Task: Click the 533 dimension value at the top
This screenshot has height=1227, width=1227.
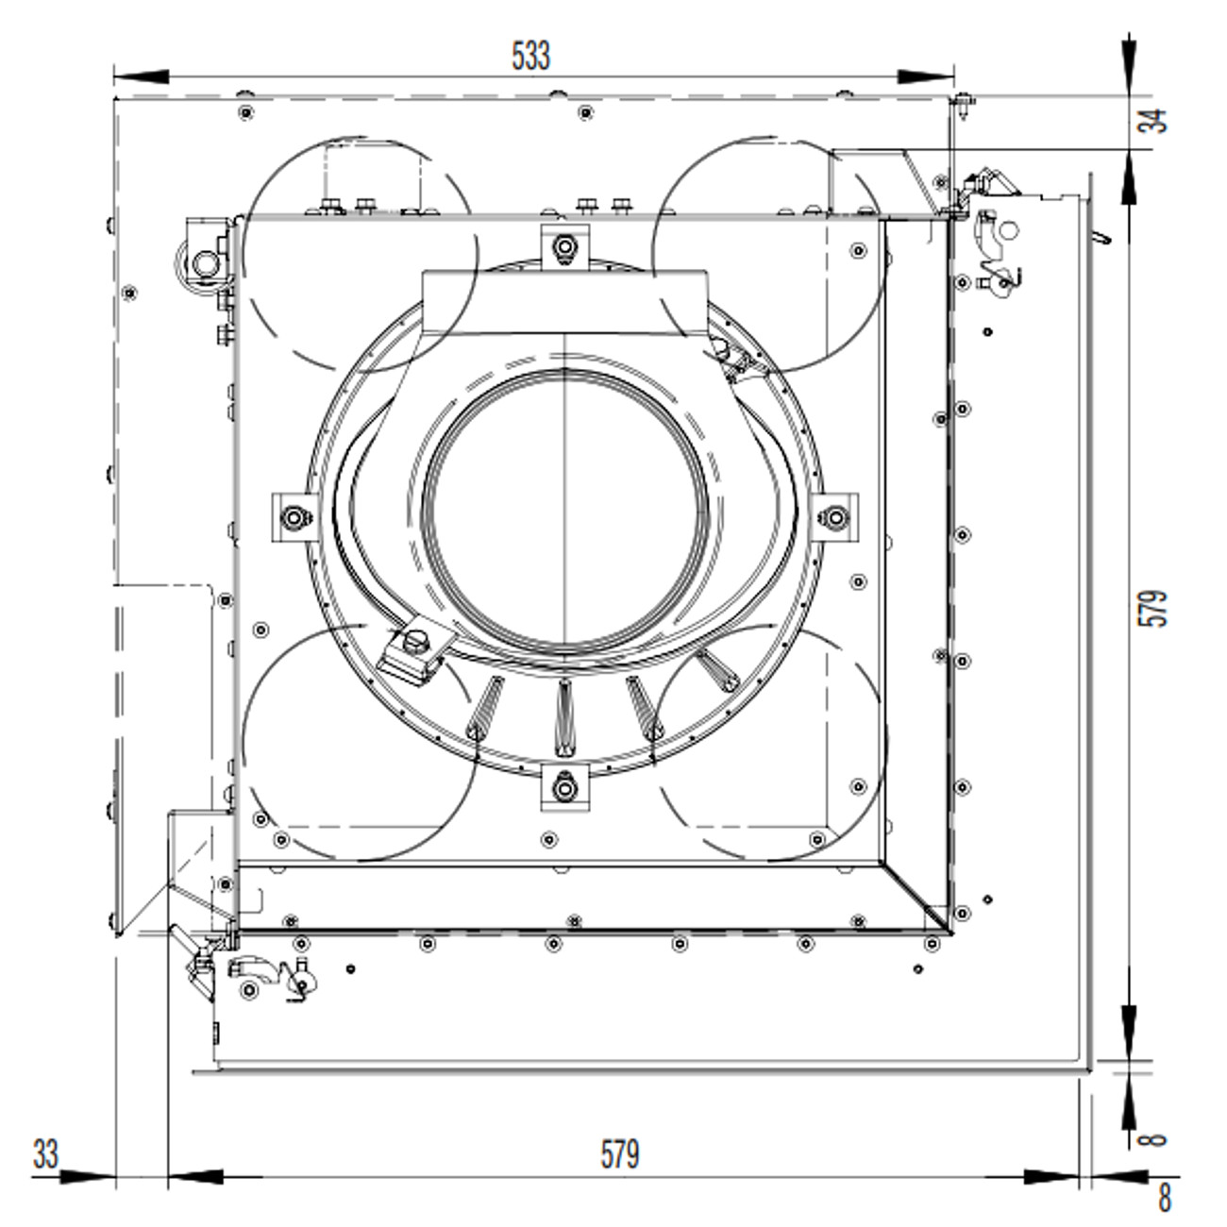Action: click(x=530, y=56)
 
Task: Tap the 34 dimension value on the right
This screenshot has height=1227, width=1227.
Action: click(x=1153, y=121)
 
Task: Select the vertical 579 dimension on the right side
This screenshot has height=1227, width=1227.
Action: click(x=1153, y=608)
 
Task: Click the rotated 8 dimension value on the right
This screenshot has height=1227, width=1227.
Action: click(x=1153, y=1138)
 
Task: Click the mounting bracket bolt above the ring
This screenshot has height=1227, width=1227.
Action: click(x=564, y=245)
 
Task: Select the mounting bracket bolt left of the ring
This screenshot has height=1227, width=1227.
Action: click(x=294, y=517)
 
